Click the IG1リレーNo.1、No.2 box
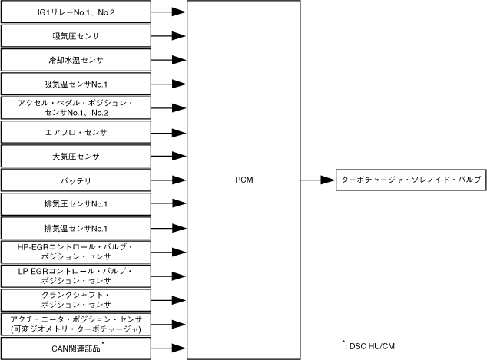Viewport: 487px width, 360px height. [77, 12]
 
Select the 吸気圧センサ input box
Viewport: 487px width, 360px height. [77, 35]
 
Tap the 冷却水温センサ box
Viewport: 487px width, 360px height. [77, 59]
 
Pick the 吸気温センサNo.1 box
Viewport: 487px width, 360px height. [77, 84]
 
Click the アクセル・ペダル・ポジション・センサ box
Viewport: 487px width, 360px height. [77, 107]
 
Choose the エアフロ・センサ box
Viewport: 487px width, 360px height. [77, 132]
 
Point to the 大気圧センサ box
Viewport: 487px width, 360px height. [77, 156]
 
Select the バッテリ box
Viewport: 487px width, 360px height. [77, 180]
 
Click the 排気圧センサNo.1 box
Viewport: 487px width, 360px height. [77, 204]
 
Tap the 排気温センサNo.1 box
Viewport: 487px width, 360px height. [77, 228]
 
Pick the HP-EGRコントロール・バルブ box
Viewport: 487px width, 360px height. [77, 252]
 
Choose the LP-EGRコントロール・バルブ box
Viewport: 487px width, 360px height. [77, 276]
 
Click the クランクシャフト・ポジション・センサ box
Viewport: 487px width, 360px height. [77, 300]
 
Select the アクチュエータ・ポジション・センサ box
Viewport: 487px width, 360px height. [77, 324]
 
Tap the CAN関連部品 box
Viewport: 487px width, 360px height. [77, 348]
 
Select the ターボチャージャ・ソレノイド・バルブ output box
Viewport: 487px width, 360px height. [411, 180]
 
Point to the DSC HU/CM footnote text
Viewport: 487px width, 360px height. [372, 346]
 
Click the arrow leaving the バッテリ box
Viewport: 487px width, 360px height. [170, 180]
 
